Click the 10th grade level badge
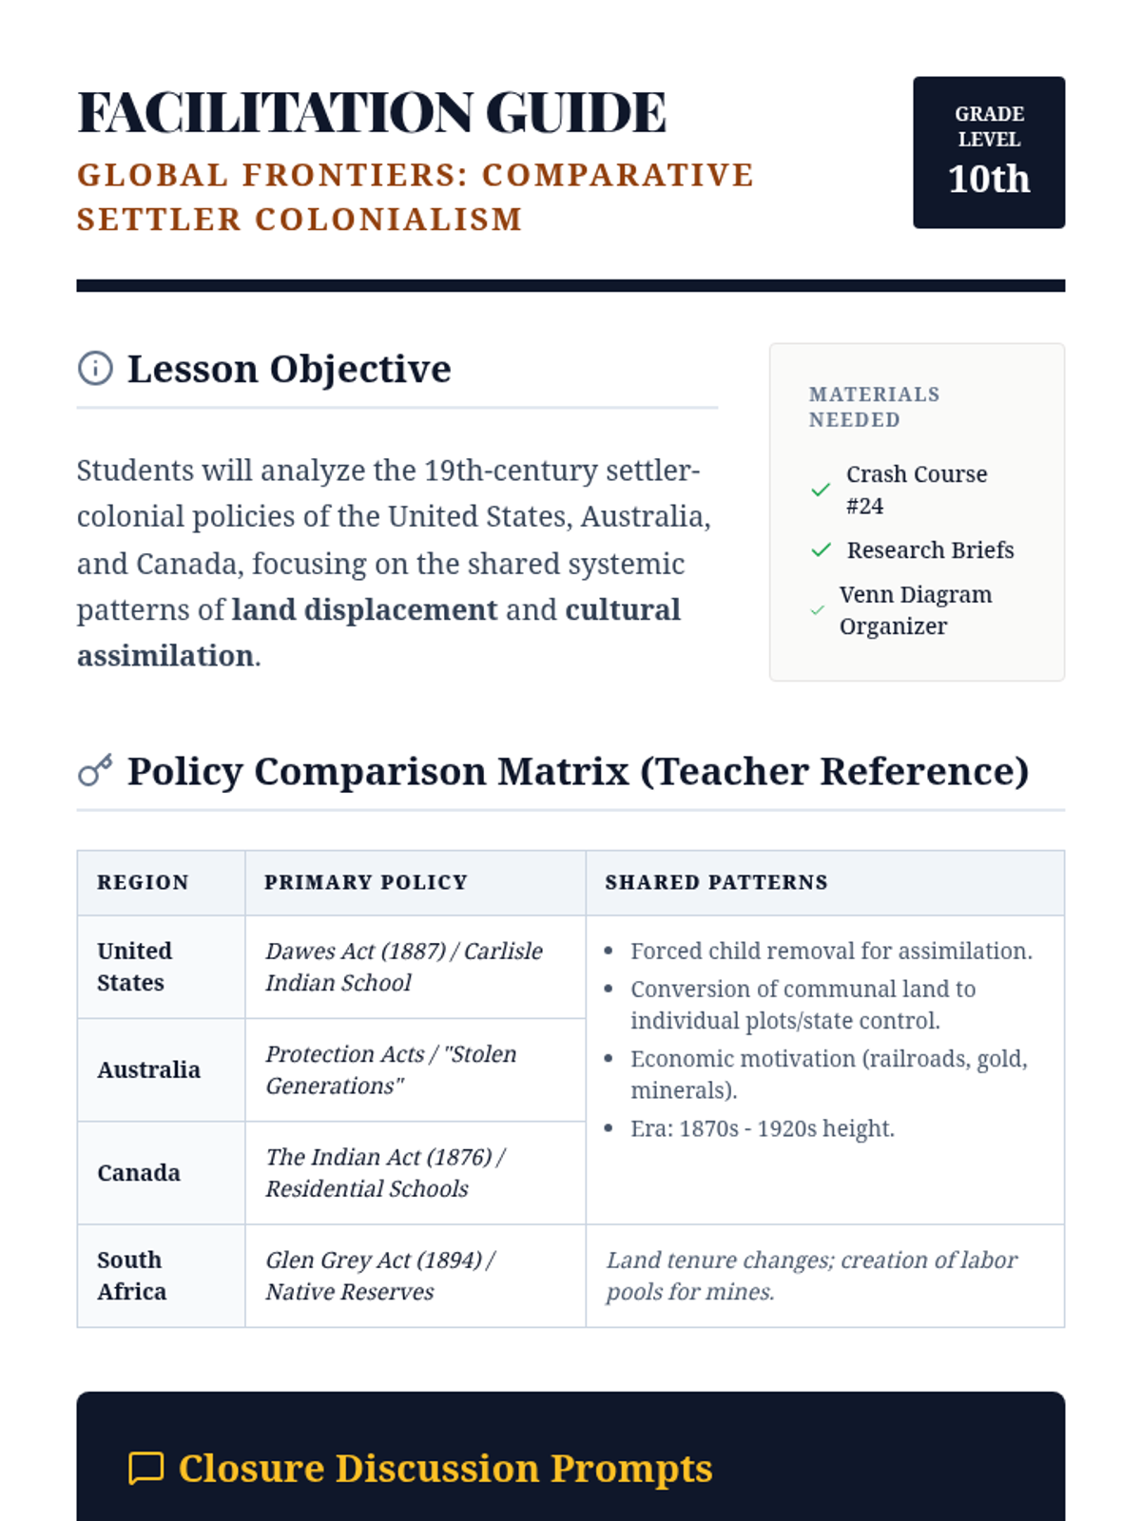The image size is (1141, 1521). (x=989, y=152)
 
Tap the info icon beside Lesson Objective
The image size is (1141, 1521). (x=95, y=368)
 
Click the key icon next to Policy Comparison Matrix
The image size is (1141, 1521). (x=95, y=770)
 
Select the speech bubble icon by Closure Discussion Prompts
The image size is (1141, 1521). (x=145, y=1468)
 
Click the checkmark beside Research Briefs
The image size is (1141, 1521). (x=821, y=550)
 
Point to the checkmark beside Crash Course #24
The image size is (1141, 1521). (x=821, y=490)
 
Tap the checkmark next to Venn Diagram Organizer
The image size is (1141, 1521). (x=817, y=610)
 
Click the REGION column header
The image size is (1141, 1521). (x=143, y=882)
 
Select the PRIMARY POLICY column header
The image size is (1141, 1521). (x=366, y=882)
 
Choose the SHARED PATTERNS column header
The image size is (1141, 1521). (x=716, y=882)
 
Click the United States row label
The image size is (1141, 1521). (x=135, y=967)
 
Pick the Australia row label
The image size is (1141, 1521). (x=148, y=1070)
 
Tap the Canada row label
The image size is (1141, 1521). (x=139, y=1173)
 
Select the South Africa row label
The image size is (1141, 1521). (x=131, y=1276)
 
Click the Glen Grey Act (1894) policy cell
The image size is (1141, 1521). (x=379, y=1276)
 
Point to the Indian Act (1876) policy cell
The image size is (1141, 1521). (x=384, y=1173)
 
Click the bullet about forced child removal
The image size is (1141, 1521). (x=830, y=952)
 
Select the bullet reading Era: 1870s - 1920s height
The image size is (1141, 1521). (x=762, y=1129)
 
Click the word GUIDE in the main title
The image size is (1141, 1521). (x=576, y=112)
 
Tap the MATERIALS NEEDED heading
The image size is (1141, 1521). (x=874, y=407)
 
